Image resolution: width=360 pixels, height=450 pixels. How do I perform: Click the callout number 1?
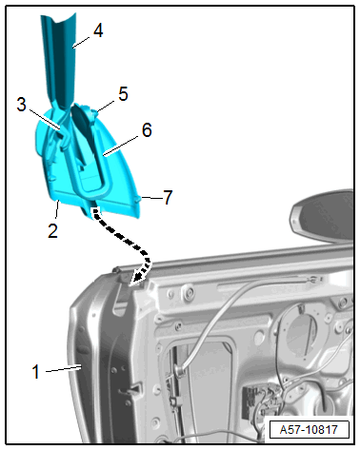point(36,371)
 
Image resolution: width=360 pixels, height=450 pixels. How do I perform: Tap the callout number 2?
point(52,230)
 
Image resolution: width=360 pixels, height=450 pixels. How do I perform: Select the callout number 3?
point(21,105)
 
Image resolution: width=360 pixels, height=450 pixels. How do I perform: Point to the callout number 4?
point(98,30)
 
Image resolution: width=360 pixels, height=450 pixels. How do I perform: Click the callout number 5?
point(123,94)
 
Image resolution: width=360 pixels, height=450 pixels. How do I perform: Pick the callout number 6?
point(147,130)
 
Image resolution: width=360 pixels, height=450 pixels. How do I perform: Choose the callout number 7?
point(168,197)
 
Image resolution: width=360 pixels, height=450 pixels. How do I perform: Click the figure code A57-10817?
point(309,430)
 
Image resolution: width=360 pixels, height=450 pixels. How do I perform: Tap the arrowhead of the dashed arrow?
point(137,278)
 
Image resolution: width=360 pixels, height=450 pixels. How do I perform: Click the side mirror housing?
point(322,216)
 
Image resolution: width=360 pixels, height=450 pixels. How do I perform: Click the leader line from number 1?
point(64,369)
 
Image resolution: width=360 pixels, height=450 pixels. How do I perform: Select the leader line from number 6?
point(121,146)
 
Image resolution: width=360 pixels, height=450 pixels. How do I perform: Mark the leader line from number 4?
point(82,42)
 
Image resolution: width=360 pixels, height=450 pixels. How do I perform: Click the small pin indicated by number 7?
point(137,199)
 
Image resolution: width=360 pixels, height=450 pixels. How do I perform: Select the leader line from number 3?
point(44,119)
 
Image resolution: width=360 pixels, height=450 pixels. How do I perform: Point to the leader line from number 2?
point(57,209)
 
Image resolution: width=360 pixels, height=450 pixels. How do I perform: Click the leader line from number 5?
point(106,107)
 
